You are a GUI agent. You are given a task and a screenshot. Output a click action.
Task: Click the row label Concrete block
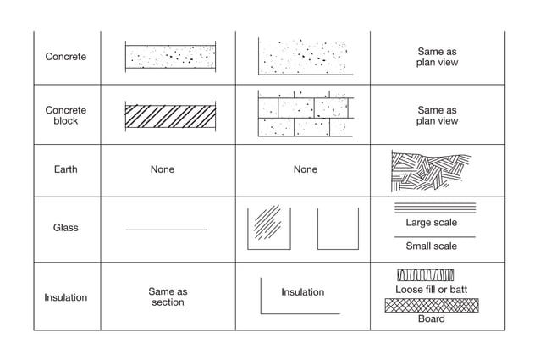(x=65, y=115)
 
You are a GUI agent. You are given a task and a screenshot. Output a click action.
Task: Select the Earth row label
(x=65, y=169)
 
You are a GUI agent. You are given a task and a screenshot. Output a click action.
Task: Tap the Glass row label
(x=65, y=228)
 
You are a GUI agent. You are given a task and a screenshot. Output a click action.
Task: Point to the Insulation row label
(x=65, y=297)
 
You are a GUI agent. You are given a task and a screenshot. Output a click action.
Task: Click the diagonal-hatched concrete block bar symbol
(x=170, y=116)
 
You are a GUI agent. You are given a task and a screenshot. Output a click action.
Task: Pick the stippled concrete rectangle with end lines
(x=170, y=57)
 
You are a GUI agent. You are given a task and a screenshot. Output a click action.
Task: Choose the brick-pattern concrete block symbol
(x=306, y=114)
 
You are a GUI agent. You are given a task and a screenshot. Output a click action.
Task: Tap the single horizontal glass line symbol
(x=166, y=230)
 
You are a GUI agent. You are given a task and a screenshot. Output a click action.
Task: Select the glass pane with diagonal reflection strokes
(x=268, y=228)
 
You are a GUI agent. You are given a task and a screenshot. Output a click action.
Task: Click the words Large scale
(x=431, y=223)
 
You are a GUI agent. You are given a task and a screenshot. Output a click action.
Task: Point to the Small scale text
(x=431, y=246)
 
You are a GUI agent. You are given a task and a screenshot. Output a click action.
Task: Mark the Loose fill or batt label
(x=431, y=290)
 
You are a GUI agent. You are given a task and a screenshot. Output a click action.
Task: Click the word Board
(x=431, y=319)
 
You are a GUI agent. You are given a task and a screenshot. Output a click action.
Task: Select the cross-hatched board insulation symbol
(x=431, y=306)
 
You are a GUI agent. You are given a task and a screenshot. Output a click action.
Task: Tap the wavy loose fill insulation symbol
(x=425, y=275)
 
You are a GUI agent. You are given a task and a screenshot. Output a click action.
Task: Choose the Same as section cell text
(x=168, y=296)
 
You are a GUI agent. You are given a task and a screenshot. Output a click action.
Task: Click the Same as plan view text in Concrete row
(x=437, y=57)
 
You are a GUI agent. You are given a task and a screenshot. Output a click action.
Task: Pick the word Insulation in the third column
(x=302, y=292)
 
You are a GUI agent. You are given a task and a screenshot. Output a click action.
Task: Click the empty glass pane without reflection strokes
(x=338, y=229)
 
